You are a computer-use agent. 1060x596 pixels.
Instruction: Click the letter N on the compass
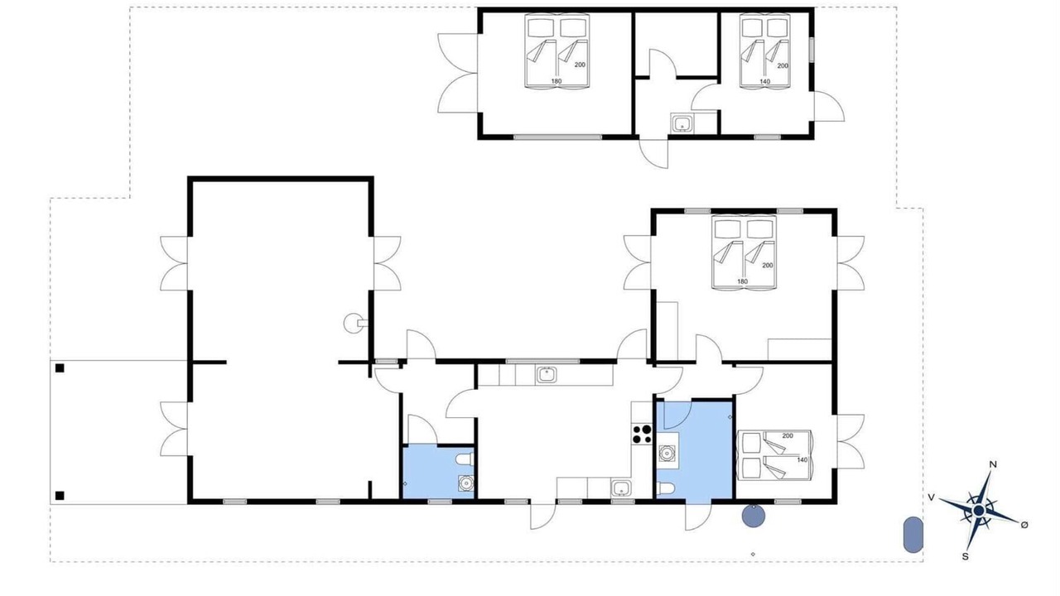[x=993, y=464]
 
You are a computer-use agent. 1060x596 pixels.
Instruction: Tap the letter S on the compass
[x=966, y=557]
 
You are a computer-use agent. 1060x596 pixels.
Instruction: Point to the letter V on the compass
[x=932, y=497]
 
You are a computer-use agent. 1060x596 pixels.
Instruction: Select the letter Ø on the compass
[x=1024, y=525]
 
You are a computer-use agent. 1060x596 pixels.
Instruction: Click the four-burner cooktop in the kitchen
[x=642, y=435]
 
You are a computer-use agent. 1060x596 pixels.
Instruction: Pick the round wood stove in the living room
[x=352, y=324]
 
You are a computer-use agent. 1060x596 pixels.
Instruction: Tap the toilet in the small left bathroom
[x=464, y=459]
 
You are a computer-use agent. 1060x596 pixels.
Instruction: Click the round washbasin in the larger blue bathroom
[x=667, y=453]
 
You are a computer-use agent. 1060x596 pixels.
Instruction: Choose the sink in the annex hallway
[x=682, y=124]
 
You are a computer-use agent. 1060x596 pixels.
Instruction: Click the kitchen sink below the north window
[x=547, y=375]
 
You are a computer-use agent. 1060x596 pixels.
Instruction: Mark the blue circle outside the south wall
[x=754, y=516]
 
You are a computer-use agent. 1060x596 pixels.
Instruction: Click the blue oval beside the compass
[x=913, y=535]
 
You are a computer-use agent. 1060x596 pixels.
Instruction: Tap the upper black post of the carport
[x=60, y=368]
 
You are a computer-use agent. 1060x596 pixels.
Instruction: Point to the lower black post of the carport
[x=60, y=496]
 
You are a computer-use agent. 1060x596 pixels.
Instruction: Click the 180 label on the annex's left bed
[x=556, y=81]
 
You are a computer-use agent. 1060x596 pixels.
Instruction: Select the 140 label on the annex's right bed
[x=765, y=81]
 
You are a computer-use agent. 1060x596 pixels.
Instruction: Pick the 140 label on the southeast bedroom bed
[x=802, y=459]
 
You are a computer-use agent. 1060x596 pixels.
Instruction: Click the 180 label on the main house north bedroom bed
[x=743, y=281]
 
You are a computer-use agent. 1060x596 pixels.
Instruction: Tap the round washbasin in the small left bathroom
[x=466, y=483]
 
